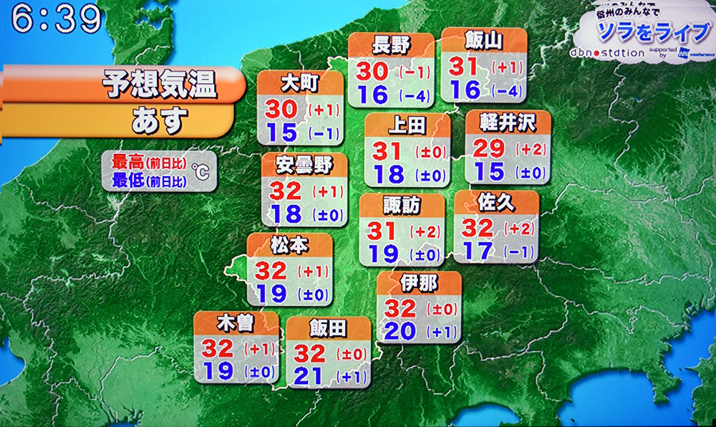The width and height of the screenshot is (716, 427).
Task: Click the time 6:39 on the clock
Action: [x=56, y=21]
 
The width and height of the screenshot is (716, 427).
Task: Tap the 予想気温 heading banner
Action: [x=158, y=85]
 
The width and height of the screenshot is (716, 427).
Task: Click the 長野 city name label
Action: [x=391, y=46]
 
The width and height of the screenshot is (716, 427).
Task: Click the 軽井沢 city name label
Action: [x=508, y=123]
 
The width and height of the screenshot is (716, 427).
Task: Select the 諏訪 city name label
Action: [x=400, y=206]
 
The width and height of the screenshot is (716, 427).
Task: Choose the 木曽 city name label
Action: [x=236, y=324]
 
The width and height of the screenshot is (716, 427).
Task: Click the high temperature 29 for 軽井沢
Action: [x=489, y=148]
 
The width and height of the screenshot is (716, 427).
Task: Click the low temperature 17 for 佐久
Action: [x=477, y=251]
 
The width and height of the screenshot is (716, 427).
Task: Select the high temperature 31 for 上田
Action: [x=388, y=151]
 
